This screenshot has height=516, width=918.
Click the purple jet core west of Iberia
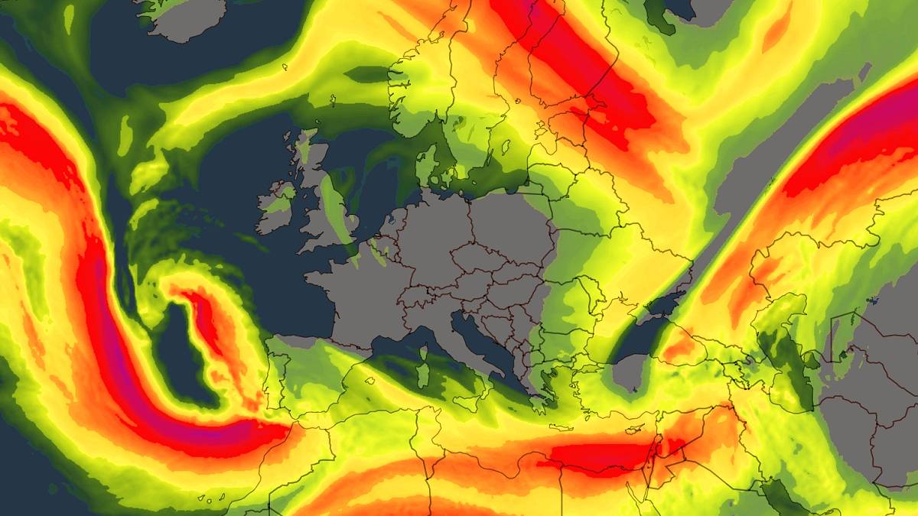[x=115, y=359]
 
